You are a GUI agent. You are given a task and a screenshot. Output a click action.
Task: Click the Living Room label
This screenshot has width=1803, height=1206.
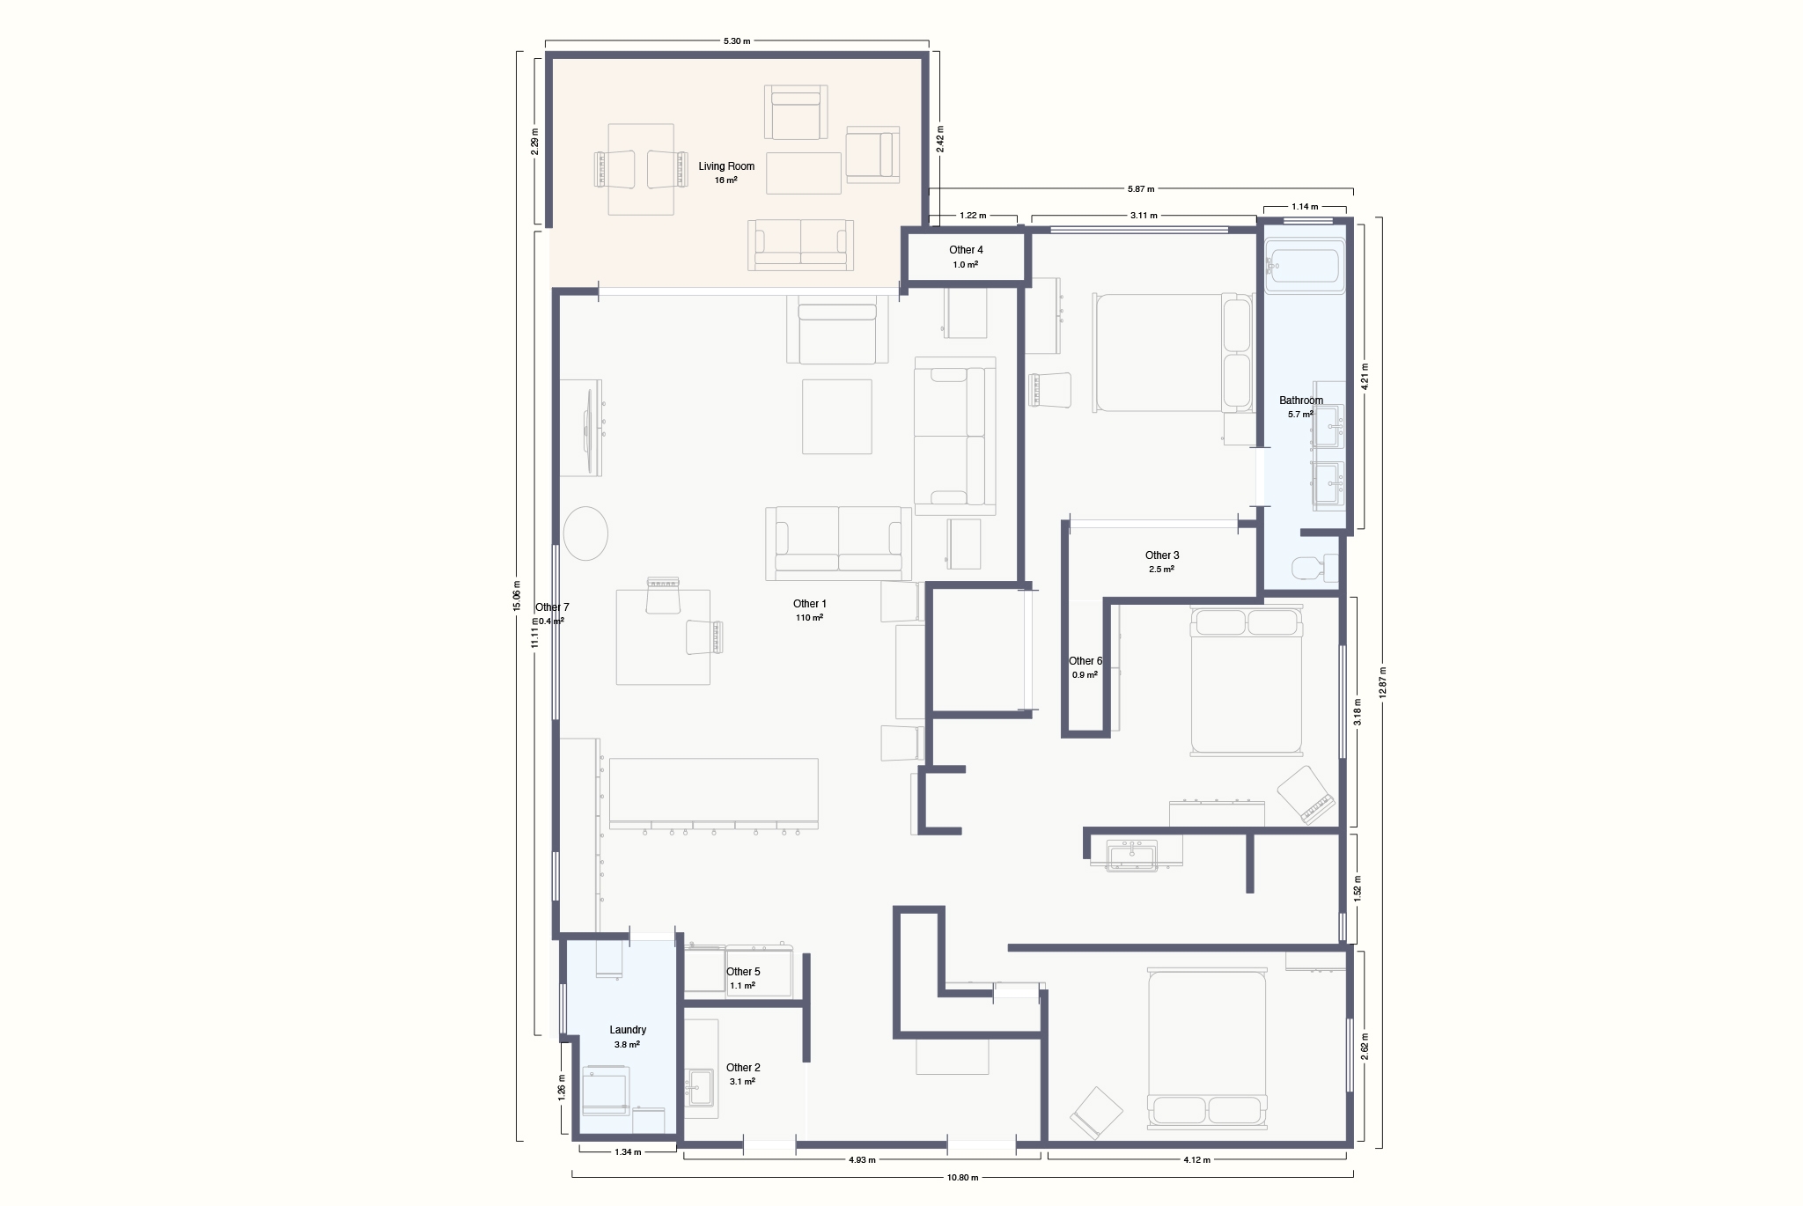(726, 166)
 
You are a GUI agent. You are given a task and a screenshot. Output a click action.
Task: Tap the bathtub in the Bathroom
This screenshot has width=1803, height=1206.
(1303, 269)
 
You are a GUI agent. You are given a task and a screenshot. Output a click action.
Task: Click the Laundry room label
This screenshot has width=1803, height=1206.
(628, 1030)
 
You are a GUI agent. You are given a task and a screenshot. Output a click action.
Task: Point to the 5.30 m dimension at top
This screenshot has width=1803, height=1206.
(737, 40)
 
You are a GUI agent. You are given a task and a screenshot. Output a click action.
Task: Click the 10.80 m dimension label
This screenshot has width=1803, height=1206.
(962, 1177)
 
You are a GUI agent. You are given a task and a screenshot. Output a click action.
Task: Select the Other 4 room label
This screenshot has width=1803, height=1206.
(966, 250)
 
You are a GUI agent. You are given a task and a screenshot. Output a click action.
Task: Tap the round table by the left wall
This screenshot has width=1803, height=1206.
(585, 533)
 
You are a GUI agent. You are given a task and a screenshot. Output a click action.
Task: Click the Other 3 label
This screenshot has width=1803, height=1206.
(1162, 555)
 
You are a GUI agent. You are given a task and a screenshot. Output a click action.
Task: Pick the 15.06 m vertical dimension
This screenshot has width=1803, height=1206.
(517, 595)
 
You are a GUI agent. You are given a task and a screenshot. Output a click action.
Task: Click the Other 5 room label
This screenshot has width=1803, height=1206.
(743, 972)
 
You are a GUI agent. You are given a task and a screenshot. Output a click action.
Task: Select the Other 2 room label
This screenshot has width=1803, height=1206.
(743, 1068)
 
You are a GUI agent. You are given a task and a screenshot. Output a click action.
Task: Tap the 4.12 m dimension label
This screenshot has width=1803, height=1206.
(1196, 1159)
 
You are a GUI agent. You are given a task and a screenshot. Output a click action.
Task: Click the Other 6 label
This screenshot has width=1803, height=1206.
(1085, 661)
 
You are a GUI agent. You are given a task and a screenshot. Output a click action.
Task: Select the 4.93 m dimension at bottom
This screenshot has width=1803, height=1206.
(862, 1159)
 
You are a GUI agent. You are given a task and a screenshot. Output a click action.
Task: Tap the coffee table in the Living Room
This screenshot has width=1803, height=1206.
(804, 173)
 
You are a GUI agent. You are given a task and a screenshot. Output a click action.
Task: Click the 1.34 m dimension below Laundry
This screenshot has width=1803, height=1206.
(628, 1151)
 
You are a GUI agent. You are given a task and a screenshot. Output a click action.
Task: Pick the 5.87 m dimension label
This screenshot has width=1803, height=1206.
(1141, 188)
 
